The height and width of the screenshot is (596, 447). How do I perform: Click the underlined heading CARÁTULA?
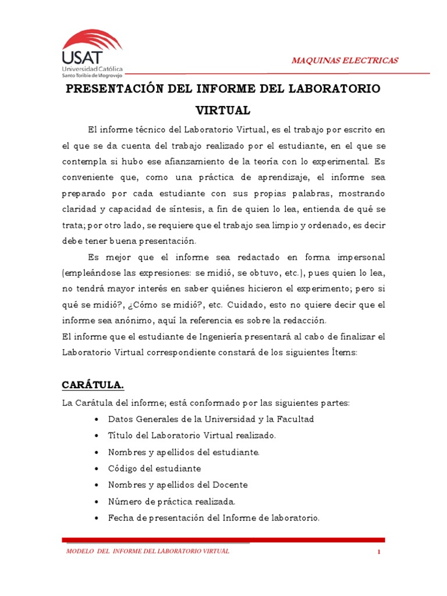click(93, 385)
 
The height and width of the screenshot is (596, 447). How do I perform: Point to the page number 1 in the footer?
click(378, 552)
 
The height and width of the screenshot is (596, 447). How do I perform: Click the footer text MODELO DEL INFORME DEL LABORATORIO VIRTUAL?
click(148, 551)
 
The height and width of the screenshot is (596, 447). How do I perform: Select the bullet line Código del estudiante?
click(154, 469)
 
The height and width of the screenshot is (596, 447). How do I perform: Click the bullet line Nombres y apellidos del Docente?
click(178, 485)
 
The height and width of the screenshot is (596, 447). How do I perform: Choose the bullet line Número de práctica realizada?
click(172, 501)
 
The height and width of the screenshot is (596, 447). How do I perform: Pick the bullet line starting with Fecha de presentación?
click(214, 517)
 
